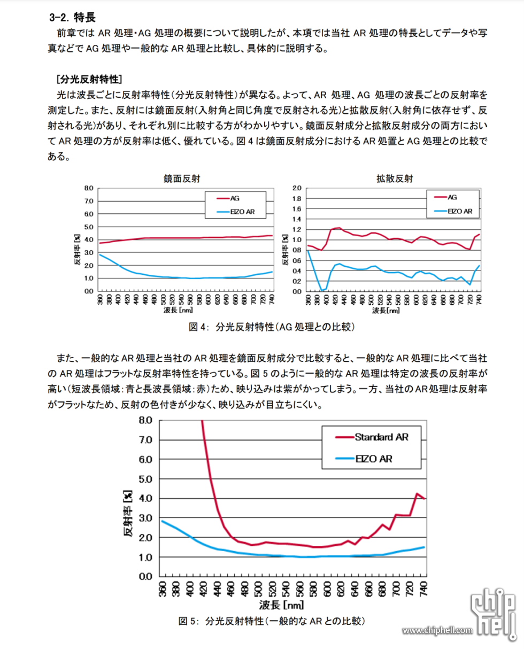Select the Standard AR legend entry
click(x=381, y=437)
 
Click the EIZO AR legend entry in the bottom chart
click(x=374, y=459)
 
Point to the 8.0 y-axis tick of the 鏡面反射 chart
click(x=88, y=188)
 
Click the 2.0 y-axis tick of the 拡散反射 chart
click(x=297, y=188)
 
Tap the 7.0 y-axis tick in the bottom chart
click(x=145, y=440)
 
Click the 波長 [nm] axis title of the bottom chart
click(x=282, y=605)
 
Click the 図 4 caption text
click(x=272, y=326)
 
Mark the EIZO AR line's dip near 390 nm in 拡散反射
click(x=322, y=290)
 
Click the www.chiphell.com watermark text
click(x=438, y=631)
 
